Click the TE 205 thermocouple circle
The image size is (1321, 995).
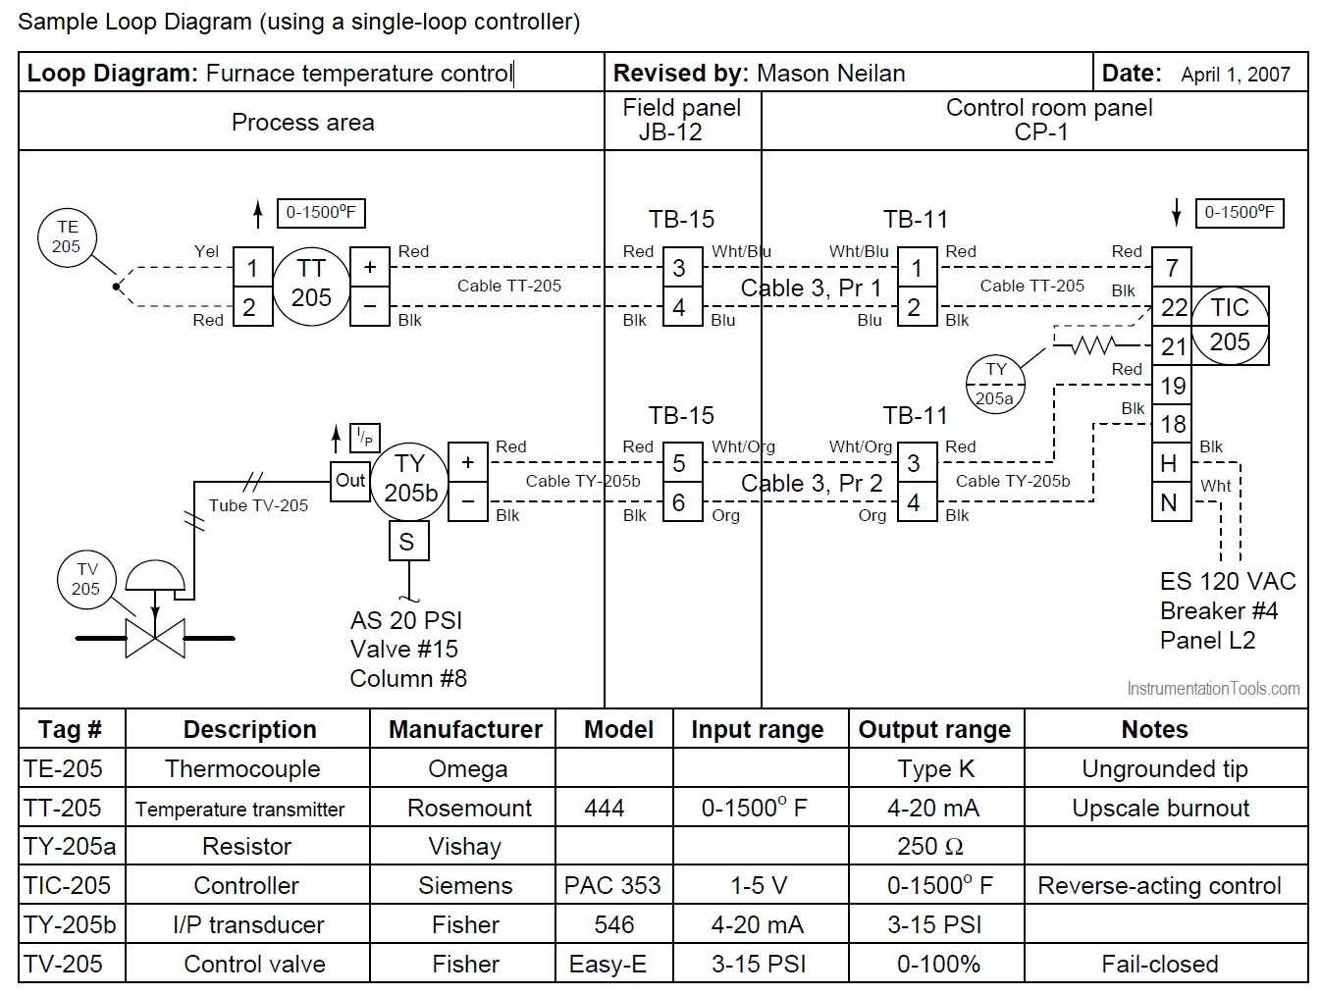67,236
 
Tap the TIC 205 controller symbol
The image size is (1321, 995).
1230,326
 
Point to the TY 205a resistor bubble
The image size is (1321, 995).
995,384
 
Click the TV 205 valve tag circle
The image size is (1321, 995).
86,579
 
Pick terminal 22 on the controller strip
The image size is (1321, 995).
1172,307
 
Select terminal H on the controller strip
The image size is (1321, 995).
1170,463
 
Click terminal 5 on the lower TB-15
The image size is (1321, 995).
679,462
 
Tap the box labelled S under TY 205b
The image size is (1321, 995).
407,542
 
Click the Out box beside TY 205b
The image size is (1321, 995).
350,481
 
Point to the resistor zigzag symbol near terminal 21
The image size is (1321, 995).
1090,344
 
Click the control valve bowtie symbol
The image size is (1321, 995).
155,638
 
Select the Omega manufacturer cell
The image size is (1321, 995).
467,768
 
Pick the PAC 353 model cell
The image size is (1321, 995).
612,885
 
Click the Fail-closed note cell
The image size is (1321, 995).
1159,964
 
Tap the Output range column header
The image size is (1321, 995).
934,729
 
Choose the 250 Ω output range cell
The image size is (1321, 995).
930,846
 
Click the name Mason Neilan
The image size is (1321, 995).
830,74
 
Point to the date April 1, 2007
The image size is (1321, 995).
1235,75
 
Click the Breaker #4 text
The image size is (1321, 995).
1218,610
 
